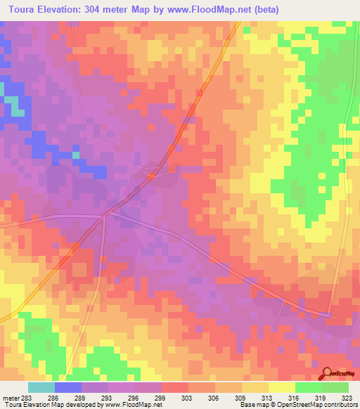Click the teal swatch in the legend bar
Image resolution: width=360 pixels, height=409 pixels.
41,387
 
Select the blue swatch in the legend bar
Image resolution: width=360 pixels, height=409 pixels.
67,387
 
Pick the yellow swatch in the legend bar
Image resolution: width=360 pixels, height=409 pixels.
281,387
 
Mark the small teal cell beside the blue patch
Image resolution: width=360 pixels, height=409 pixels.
75,155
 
